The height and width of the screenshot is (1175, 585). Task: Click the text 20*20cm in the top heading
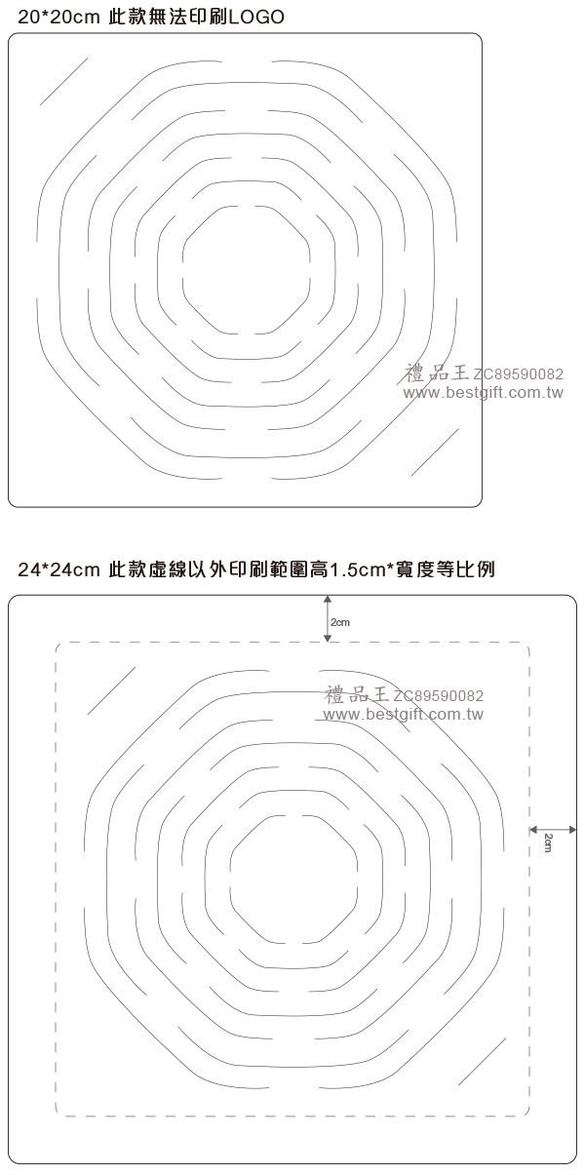pos(58,18)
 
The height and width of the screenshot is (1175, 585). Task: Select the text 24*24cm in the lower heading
pos(58,569)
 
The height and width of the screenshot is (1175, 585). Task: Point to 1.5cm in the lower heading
pos(357,569)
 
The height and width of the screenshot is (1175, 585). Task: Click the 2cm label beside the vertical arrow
pos(340,623)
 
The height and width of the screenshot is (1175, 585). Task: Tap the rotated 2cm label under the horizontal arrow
pos(548,842)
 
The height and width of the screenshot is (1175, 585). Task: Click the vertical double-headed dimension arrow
pos(328,618)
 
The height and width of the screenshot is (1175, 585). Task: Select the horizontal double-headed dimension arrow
pos(553,829)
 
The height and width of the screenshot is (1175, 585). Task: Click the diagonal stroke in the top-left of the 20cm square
pos(64,81)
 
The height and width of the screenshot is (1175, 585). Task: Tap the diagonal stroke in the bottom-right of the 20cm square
pos(435,452)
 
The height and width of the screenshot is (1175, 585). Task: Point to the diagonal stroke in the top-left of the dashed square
pos(111,690)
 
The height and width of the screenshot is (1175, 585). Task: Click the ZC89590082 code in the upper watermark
pos(519,374)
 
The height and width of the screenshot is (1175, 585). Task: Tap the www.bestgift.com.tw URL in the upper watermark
pos(484,392)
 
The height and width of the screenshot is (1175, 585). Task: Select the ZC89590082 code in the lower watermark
pos(438,695)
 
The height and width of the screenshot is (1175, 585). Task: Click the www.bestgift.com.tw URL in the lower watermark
pos(403,714)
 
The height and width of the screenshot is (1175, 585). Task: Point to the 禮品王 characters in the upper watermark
pos(437,372)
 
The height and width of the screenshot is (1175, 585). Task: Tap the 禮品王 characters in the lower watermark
pos(357,694)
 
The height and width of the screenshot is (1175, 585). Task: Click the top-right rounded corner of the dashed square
pos(526,646)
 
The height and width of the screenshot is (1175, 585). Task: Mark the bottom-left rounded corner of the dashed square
pos(58,1112)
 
